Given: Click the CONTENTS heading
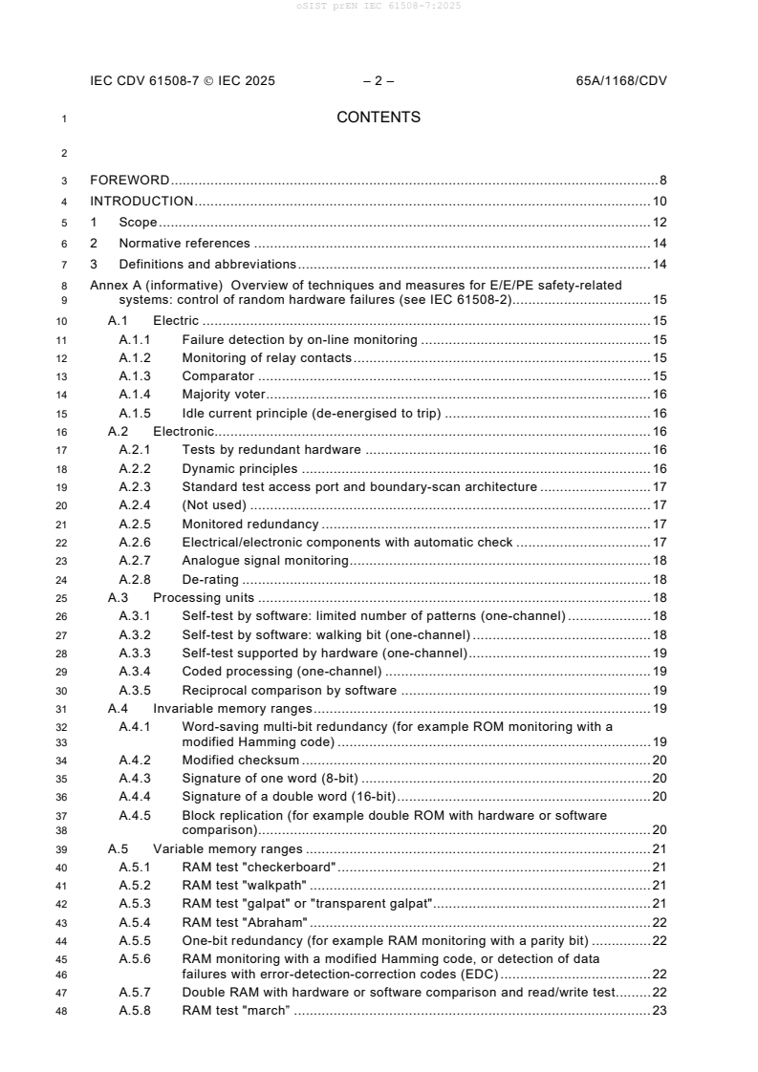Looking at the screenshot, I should pyautogui.click(x=379, y=118).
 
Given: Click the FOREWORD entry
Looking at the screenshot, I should pyautogui.click(x=129, y=180).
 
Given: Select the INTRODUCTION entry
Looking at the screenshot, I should pyautogui.click(x=141, y=201).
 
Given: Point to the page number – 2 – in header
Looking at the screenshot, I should pyautogui.click(x=379, y=81).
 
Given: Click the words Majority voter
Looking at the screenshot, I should pyautogui.click(x=226, y=394).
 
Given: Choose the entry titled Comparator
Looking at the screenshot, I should pyautogui.click(x=218, y=376).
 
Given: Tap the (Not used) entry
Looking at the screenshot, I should pyautogui.click(x=214, y=504).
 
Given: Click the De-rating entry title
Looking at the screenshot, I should pyautogui.click(x=210, y=579).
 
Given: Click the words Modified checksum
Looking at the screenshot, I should pyautogui.click(x=241, y=760).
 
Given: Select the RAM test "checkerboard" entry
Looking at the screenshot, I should pyautogui.click(x=259, y=867).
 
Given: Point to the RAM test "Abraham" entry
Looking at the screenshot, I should pyautogui.click(x=245, y=922).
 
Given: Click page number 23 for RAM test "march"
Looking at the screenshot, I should pyautogui.click(x=659, y=1011).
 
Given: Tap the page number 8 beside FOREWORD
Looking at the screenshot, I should pyautogui.click(x=662, y=180).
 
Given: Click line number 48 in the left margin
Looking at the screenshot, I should pyautogui.click(x=63, y=1011).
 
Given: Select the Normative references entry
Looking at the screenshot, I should pyautogui.click(x=184, y=243).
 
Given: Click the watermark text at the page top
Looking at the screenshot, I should pyautogui.click(x=379, y=7).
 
